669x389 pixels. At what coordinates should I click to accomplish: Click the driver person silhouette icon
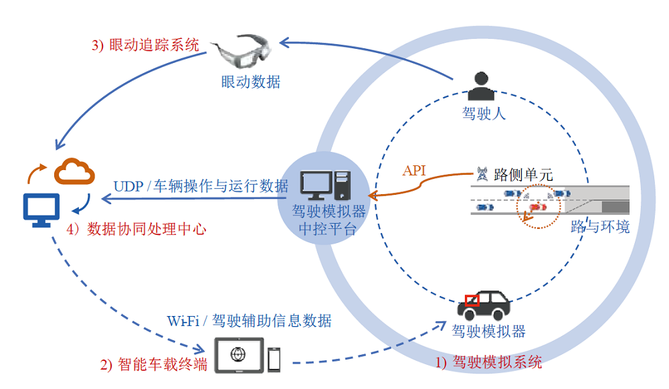[x=481, y=86]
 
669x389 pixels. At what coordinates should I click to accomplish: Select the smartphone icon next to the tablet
[x=274, y=359]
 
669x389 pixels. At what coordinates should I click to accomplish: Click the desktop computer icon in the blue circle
[x=326, y=185]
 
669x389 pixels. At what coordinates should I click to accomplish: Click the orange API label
[x=414, y=170]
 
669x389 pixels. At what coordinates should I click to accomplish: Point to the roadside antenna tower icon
[x=481, y=175]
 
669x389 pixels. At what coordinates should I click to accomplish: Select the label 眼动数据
[x=251, y=82]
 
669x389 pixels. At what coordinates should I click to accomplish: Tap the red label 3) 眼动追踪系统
[x=145, y=46]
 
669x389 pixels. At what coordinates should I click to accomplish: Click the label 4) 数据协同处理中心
[x=136, y=229]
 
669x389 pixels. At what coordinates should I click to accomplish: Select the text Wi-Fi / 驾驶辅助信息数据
[x=249, y=321]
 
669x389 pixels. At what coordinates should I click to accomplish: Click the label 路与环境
[x=600, y=226]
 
